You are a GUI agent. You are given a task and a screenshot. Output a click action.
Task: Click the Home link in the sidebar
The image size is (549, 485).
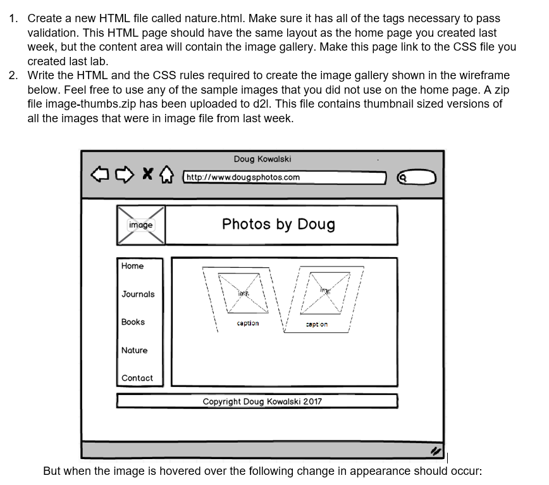click(133, 267)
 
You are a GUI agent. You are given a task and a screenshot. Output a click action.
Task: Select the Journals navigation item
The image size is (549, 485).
click(138, 294)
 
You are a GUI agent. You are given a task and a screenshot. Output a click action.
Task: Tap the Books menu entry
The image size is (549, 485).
click(133, 322)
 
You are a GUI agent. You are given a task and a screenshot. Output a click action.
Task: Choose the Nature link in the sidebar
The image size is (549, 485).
click(134, 350)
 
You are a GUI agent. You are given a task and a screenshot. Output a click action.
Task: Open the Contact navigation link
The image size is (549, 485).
click(137, 378)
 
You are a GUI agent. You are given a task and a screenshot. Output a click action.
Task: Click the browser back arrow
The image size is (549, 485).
click(99, 173)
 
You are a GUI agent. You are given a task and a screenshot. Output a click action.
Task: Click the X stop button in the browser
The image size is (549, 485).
click(147, 173)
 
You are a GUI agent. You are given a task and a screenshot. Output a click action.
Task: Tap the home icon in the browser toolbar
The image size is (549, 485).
click(166, 173)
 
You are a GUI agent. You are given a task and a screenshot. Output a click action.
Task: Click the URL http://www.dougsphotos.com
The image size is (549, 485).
click(244, 177)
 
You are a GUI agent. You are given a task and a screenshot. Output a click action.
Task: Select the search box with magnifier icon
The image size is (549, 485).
click(417, 178)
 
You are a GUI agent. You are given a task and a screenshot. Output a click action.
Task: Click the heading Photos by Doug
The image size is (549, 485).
click(278, 224)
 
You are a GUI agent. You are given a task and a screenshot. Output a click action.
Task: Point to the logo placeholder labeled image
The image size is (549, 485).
click(140, 225)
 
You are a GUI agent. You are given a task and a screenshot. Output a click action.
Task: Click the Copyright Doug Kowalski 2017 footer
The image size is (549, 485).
click(262, 401)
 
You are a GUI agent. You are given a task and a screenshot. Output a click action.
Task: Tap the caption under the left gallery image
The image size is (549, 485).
click(247, 323)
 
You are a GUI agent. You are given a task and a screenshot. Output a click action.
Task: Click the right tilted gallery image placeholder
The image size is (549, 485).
click(326, 292)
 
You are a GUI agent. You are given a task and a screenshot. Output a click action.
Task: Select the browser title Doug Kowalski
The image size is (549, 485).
click(262, 159)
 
